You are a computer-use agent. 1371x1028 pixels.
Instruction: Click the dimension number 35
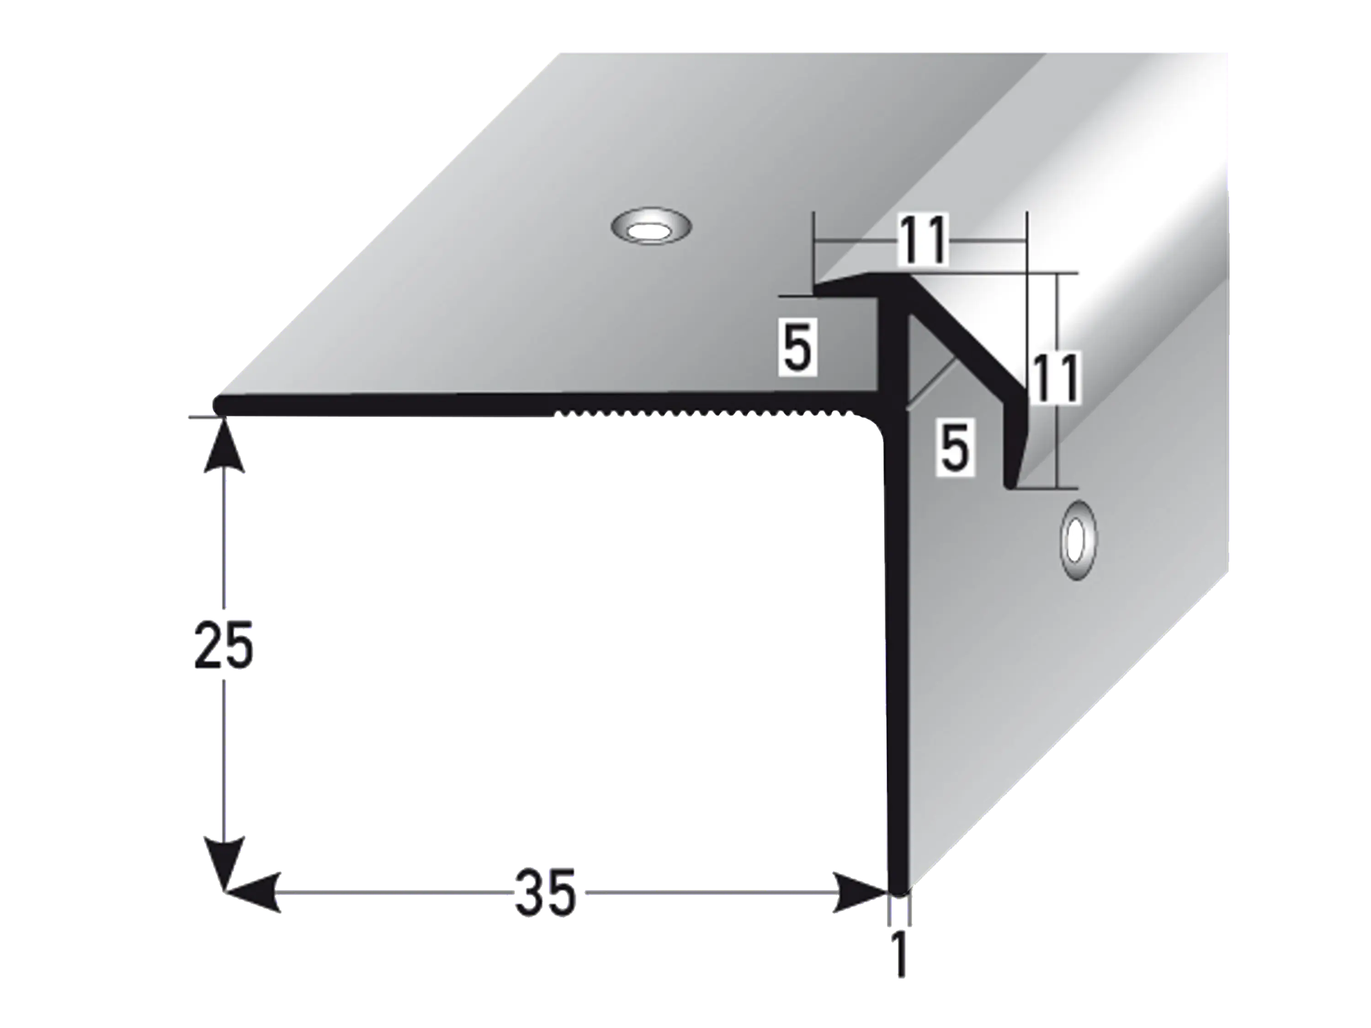click(x=545, y=892)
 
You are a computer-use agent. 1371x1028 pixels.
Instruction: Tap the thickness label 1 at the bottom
click(x=898, y=955)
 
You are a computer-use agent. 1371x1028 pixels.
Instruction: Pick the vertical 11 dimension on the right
click(x=1054, y=377)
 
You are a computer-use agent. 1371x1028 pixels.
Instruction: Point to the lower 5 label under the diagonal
click(x=955, y=447)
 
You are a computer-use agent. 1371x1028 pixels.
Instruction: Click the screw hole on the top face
click(x=651, y=228)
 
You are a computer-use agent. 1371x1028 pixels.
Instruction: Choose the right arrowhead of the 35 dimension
click(x=858, y=892)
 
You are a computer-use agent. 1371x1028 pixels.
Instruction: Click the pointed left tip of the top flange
click(x=818, y=288)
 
